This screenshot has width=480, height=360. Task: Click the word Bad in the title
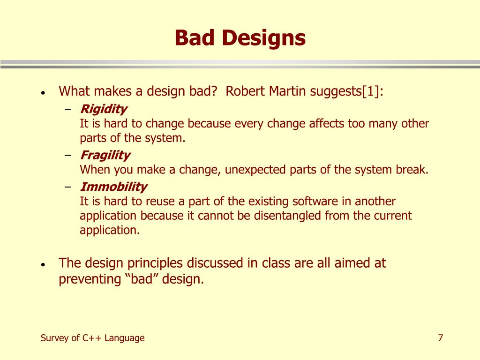195,37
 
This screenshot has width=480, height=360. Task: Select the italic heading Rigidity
104,109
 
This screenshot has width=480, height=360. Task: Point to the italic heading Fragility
105,156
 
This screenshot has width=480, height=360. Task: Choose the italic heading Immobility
113,187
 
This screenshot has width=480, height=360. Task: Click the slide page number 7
441,337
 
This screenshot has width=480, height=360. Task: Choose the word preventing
90,279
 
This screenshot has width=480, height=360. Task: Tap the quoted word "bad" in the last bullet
142,279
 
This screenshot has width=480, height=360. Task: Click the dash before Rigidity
68,109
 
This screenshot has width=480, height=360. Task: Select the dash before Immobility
68,187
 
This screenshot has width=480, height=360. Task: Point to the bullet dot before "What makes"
43,92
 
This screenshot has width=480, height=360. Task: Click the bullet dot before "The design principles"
43,264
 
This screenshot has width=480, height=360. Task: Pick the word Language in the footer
124,338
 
